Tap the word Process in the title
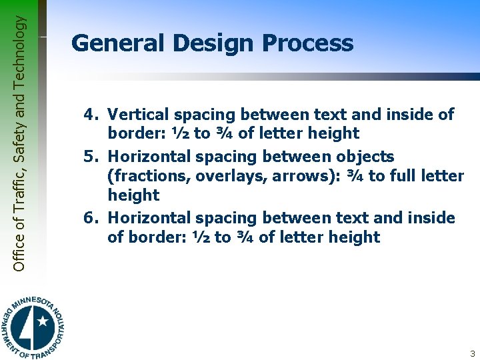point(307,44)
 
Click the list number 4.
point(90,115)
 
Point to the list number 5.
point(90,157)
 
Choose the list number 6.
point(90,218)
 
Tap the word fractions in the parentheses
point(142,176)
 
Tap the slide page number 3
point(472,353)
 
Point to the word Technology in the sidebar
point(19,46)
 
